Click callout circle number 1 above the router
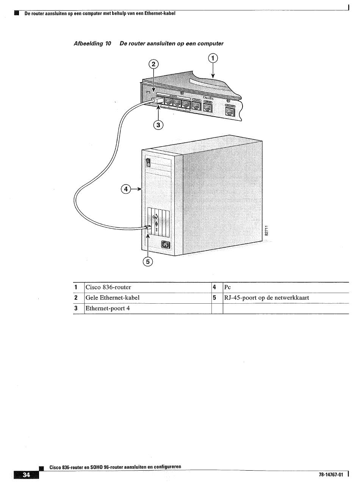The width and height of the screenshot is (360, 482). click(x=213, y=58)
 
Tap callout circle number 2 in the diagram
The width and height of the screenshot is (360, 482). click(x=153, y=64)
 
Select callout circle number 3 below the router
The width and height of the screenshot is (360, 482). click(x=158, y=125)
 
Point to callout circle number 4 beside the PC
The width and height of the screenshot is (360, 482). click(x=126, y=189)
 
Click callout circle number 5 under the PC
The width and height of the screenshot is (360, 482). click(x=148, y=262)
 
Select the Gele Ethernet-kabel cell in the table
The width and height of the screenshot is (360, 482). click(x=113, y=298)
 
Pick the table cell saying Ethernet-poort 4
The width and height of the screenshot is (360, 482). click(x=108, y=309)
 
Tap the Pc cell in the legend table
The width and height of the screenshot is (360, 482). click(x=228, y=287)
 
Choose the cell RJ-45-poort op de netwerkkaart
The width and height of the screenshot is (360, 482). click(x=266, y=298)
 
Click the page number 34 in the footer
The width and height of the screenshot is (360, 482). click(x=26, y=475)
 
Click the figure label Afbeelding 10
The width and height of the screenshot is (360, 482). click(x=92, y=44)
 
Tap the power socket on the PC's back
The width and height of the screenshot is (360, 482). click(x=166, y=245)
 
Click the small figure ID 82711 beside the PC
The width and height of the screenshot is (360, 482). click(x=267, y=231)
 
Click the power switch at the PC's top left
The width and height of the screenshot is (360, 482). click(x=149, y=162)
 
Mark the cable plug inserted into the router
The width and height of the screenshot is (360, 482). click(x=157, y=101)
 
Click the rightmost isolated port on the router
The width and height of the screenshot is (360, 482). click(x=230, y=111)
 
